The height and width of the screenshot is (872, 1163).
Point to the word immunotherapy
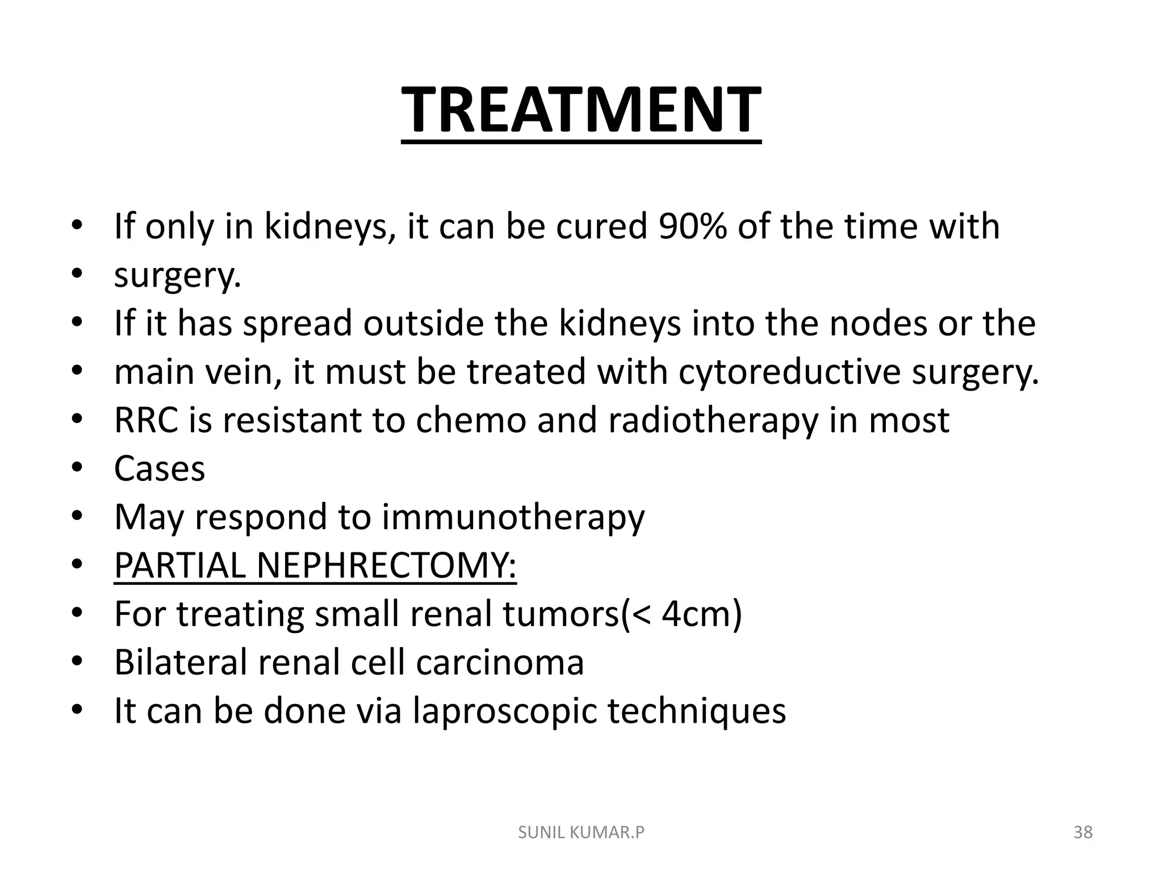pos(513,518)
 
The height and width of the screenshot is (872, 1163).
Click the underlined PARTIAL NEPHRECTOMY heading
pos(315,566)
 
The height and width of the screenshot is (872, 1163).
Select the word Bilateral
pos(181,663)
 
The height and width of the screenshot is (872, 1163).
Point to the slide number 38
pos(1083,833)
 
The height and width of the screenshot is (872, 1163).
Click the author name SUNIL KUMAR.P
pos(581,833)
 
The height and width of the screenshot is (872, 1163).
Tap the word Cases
pos(160,469)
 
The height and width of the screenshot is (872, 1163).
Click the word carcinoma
pos(500,663)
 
